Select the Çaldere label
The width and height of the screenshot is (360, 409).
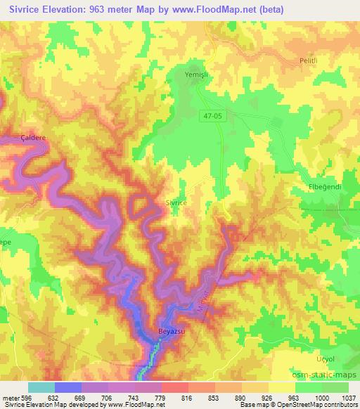(x=33, y=139)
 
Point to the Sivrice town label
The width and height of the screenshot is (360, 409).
(x=176, y=202)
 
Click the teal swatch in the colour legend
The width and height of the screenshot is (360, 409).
(x=41, y=387)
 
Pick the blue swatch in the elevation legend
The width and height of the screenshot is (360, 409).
(x=67, y=387)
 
